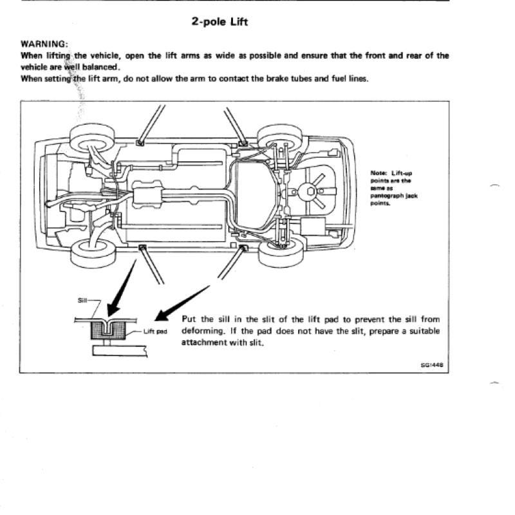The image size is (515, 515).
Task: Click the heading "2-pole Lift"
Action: pos(220,22)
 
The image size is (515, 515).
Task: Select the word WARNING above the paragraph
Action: pos(44,44)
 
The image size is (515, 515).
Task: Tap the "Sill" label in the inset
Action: pos(82,300)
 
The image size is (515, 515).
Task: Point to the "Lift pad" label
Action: pos(155,332)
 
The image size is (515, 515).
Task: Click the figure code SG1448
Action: pos(432,364)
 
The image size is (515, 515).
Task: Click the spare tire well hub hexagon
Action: pos(311,191)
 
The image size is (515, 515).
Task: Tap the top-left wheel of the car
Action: pos(92,138)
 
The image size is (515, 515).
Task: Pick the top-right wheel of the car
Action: pos(279,138)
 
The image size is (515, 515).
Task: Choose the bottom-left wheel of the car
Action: pos(93,253)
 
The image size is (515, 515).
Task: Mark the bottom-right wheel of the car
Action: pos(281,251)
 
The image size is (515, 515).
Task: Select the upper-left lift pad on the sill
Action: pos(140,143)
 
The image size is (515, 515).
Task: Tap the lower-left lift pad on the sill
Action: pos(142,247)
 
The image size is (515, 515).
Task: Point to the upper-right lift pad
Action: pos(243,143)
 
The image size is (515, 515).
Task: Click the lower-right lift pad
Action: pos(243,247)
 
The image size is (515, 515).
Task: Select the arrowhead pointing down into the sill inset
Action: pos(114,310)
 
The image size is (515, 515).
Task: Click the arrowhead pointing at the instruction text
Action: pos(162,316)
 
